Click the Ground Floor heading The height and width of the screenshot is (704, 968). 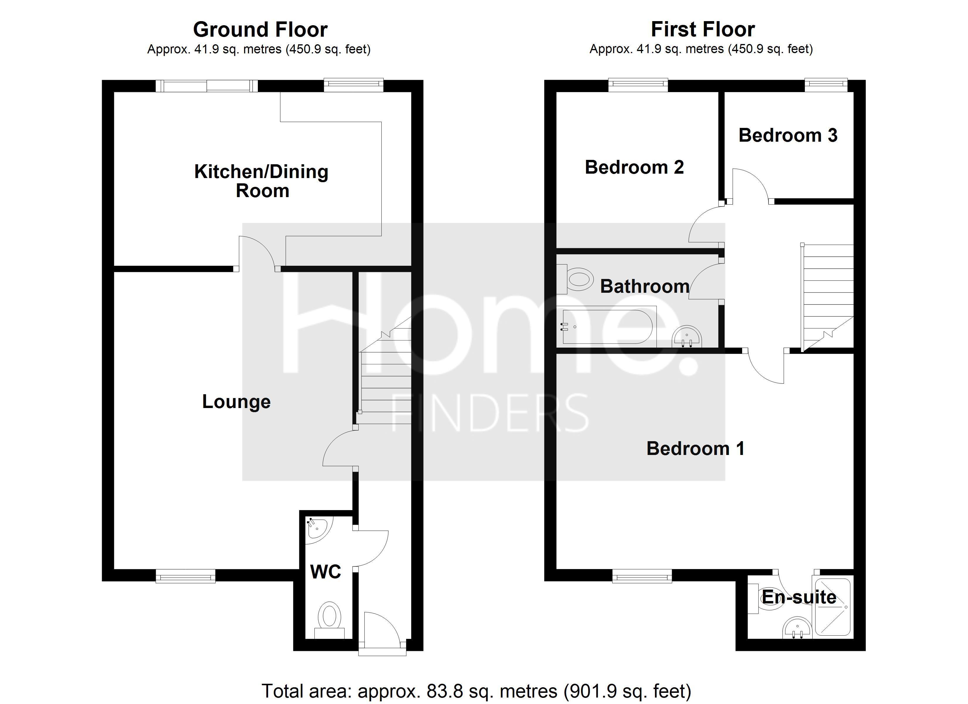(x=260, y=29)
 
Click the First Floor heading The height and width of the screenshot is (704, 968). (x=703, y=29)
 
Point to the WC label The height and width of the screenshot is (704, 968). (x=326, y=572)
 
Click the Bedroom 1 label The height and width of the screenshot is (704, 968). (x=696, y=448)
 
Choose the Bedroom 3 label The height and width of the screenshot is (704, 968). (x=788, y=135)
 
